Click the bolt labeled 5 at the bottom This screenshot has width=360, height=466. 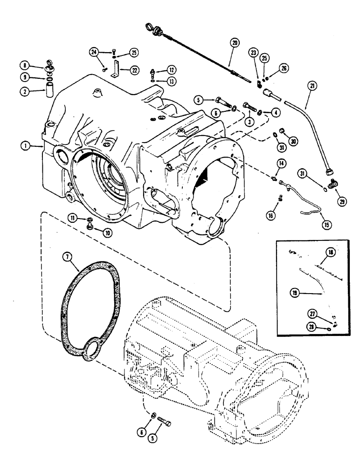(x=165, y=424)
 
